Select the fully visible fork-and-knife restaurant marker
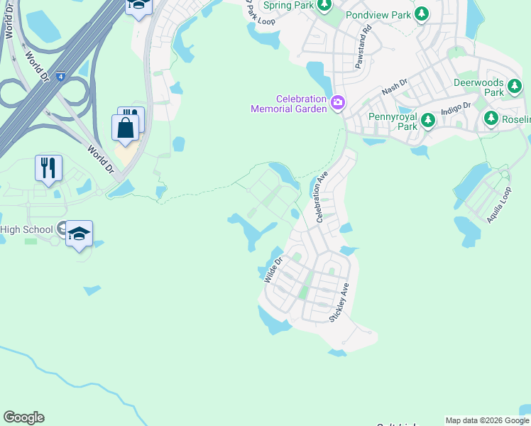(48, 168)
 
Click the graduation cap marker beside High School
(80, 234)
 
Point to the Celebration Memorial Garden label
(288, 104)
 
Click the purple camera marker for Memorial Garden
(337, 104)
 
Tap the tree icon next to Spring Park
(324, 6)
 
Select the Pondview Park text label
(378, 14)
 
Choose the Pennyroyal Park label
(392, 121)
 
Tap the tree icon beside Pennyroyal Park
(427, 121)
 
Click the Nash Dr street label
(395, 88)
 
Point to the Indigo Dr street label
(456, 109)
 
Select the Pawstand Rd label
(363, 48)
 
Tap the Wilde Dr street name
(273, 270)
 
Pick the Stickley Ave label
(339, 302)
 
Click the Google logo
(23, 417)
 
